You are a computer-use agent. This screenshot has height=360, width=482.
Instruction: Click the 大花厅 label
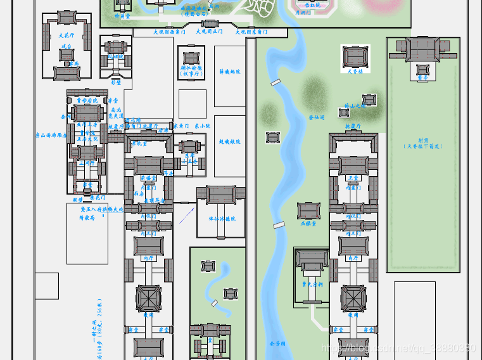click(x=65, y=35)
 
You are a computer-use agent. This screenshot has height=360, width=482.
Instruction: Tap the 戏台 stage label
click(x=65, y=55)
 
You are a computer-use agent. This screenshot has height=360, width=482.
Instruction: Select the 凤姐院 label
click(x=115, y=56)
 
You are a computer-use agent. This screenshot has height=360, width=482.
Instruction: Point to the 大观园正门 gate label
click(x=209, y=31)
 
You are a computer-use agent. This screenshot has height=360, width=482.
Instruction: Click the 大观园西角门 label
click(x=169, y=31)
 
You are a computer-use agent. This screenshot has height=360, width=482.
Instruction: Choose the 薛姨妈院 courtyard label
click(x=229, y=72)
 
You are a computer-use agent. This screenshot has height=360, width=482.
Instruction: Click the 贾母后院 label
click(x=87, y=100)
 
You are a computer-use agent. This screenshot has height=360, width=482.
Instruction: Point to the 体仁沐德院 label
click(x=222, y=219)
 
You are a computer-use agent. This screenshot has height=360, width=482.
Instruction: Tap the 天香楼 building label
click(x=355, y=71)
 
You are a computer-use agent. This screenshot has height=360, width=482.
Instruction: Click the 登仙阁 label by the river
click(x=315, y=117)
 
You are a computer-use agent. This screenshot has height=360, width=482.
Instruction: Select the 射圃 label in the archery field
click(x=422, y=143)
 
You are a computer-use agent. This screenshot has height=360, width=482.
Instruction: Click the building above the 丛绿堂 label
click(x=308, y=210)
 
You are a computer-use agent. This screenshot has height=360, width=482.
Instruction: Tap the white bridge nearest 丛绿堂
click(x=279, y=225)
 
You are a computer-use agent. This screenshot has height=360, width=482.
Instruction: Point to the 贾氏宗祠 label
click(x=312, y=285)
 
